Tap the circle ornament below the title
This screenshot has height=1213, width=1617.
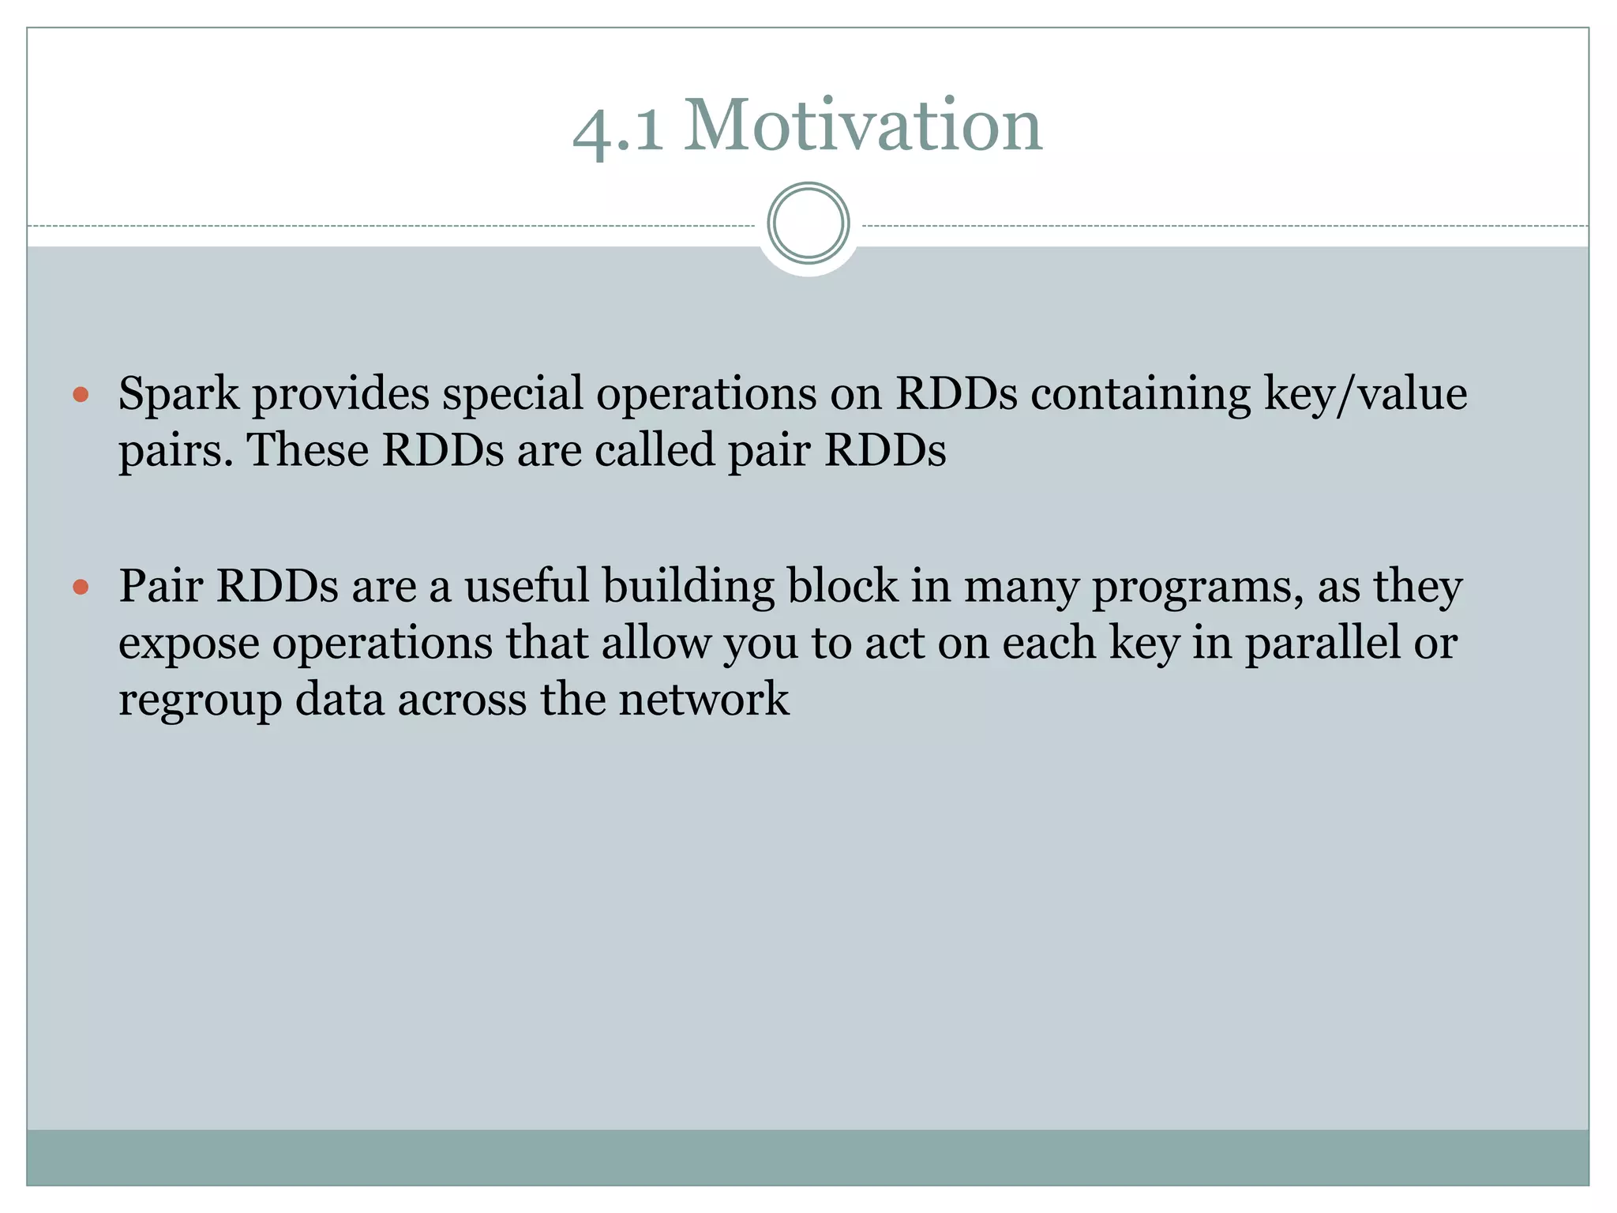(808, 223)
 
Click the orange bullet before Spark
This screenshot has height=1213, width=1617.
(81, 394)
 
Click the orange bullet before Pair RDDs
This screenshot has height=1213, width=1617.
(81, 587)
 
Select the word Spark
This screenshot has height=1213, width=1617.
(178, 394)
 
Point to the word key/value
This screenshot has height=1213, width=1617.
(1365, 394)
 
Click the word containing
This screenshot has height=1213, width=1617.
(1141, 394)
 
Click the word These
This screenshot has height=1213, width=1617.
(308, 451)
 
